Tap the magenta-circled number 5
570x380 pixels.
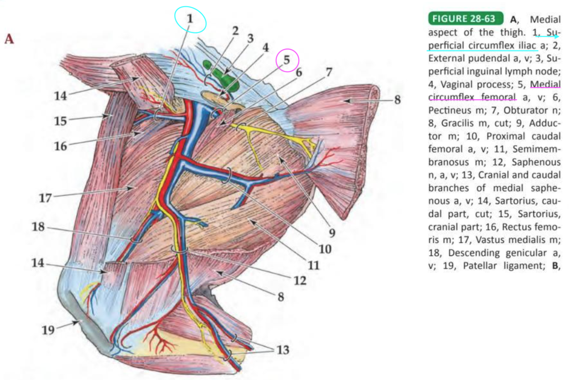(x=288, y=59)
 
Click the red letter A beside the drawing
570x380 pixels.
(x=9, y=39)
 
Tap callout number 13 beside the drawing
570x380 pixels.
(x=280, y=350)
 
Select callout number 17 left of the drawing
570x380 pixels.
(x=46, y=198)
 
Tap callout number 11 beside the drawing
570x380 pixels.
(x=314, y=265)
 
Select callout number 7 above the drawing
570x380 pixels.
(x=328, y=73)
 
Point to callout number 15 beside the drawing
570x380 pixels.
(x=60, y=121)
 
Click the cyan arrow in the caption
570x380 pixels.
(x=549, y=37)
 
